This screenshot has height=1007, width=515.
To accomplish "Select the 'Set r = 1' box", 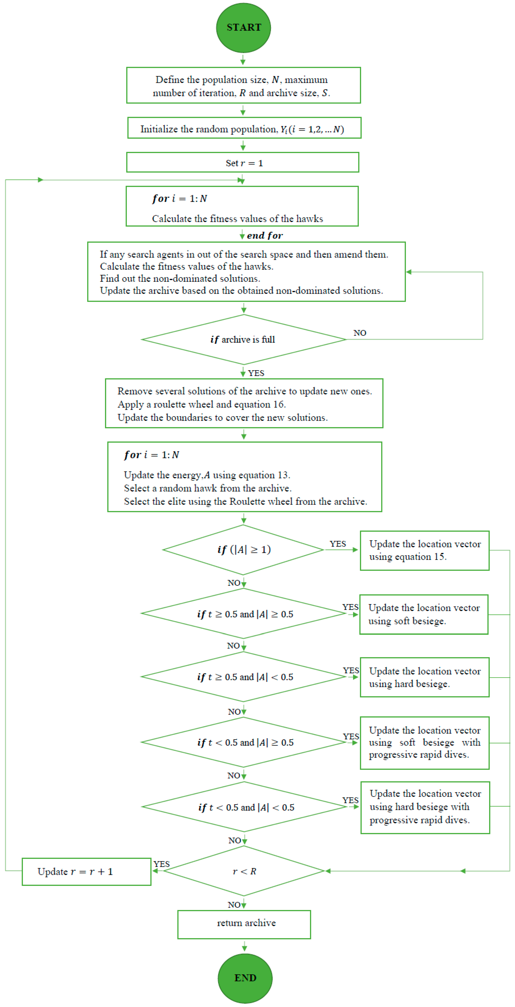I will [243, 163].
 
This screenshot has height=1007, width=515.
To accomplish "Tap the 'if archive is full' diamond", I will [243, 339].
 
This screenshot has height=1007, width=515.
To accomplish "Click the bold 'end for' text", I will [265, 235].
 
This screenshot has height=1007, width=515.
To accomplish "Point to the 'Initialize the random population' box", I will [244, 129].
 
